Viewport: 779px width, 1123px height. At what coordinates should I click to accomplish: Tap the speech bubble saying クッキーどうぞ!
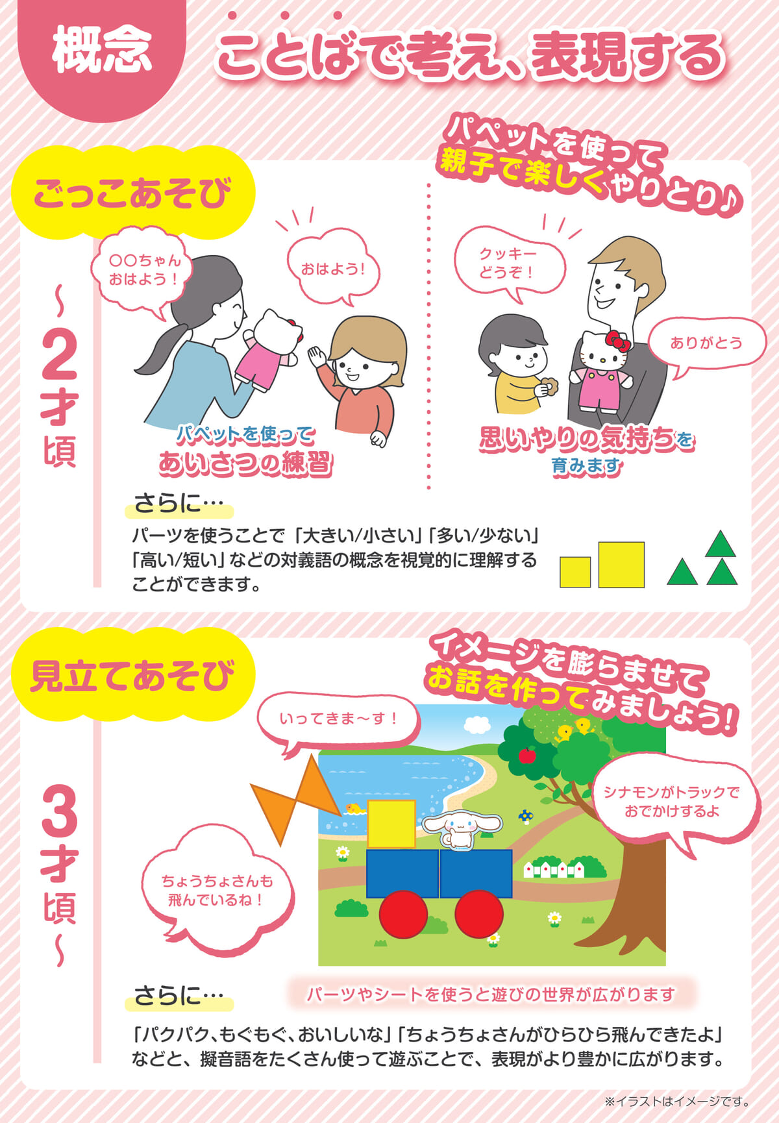click(x=508, y=264)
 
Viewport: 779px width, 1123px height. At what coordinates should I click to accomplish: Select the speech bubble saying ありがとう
click(x=706, y=344)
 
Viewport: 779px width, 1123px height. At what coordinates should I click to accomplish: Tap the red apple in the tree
click(x=527, y=755)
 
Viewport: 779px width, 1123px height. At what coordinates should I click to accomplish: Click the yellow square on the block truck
click(x=391, y=824)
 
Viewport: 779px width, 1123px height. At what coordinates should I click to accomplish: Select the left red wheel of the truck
click(x=403, y=914)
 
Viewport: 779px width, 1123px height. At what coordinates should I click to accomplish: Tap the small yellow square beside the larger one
click(x=575, y=572)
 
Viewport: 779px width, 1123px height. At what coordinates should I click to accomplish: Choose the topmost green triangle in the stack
click(x=720, y=544)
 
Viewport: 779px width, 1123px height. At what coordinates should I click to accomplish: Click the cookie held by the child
click(x=549, y=387)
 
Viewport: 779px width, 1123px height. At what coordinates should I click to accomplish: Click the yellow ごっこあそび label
click(x=133, y=193)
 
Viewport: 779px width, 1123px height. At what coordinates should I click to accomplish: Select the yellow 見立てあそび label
click(x=133, y=675)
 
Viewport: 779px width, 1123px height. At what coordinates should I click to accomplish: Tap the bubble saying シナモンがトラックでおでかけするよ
click(x=673, y=802)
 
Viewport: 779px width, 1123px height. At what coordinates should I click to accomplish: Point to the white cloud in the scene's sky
click(x=477, y=723)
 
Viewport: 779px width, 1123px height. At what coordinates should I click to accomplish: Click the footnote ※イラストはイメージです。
click(x=677, y=1101)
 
